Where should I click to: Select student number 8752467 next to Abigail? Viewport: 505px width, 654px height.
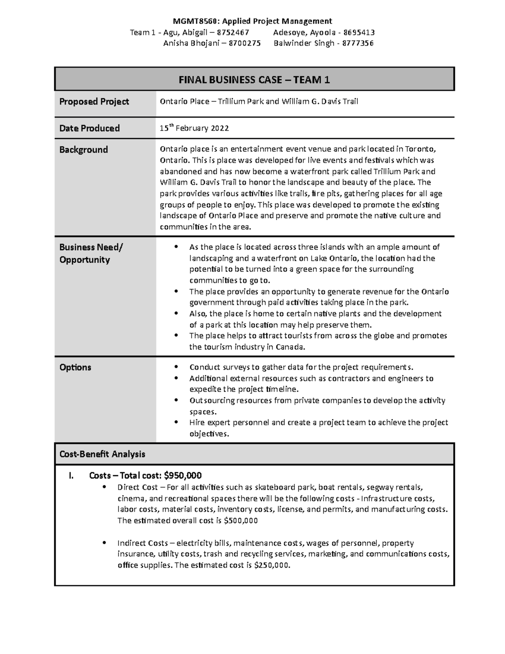point(232,32)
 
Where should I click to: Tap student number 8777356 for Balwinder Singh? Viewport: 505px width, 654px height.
point(356,43)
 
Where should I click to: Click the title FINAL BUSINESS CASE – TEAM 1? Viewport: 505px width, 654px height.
point(254,80)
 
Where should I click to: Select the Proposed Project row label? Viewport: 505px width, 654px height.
point(94,101)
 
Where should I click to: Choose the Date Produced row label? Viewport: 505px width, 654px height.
point(89,128)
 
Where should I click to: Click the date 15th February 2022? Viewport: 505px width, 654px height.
point(194,128)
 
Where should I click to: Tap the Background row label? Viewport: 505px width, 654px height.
point(83,149)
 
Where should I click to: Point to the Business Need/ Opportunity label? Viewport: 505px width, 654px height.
point(90,253)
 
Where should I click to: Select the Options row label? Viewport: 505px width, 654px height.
point(75,367)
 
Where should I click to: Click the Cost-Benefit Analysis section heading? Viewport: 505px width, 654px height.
point(102,454)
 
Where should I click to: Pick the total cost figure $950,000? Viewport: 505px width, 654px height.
point(183,475)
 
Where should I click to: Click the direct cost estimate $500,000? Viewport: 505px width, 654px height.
point(241,521)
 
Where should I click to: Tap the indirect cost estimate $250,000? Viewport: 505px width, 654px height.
point(272,565)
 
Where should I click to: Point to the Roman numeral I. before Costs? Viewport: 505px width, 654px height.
point(71,476)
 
